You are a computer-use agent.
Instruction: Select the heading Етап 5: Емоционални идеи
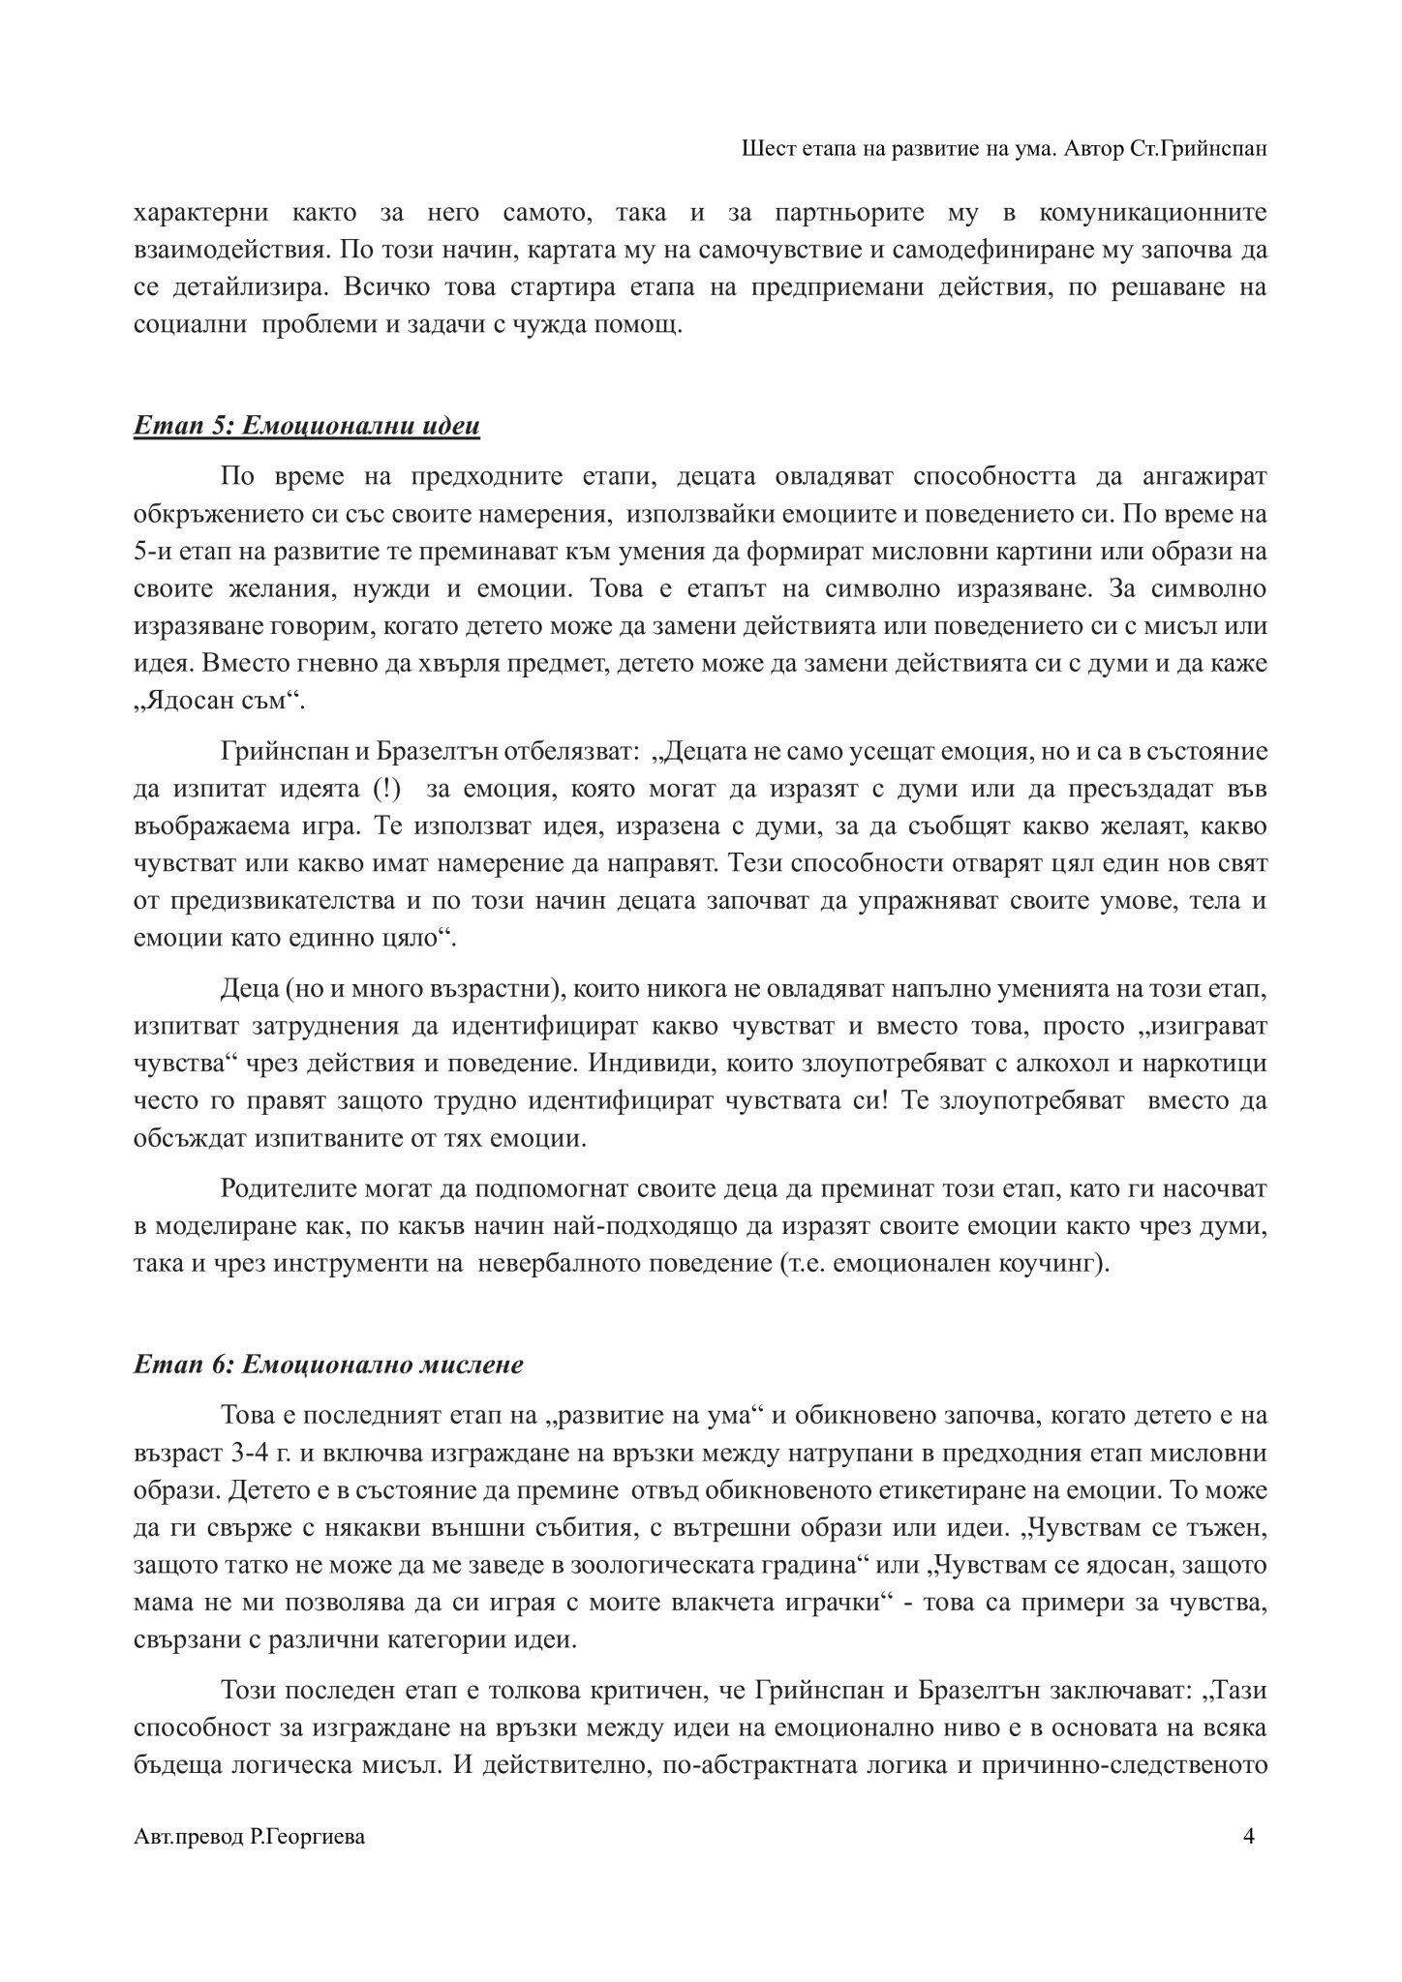pos(306,427)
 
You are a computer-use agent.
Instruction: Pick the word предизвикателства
pos(280,901)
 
